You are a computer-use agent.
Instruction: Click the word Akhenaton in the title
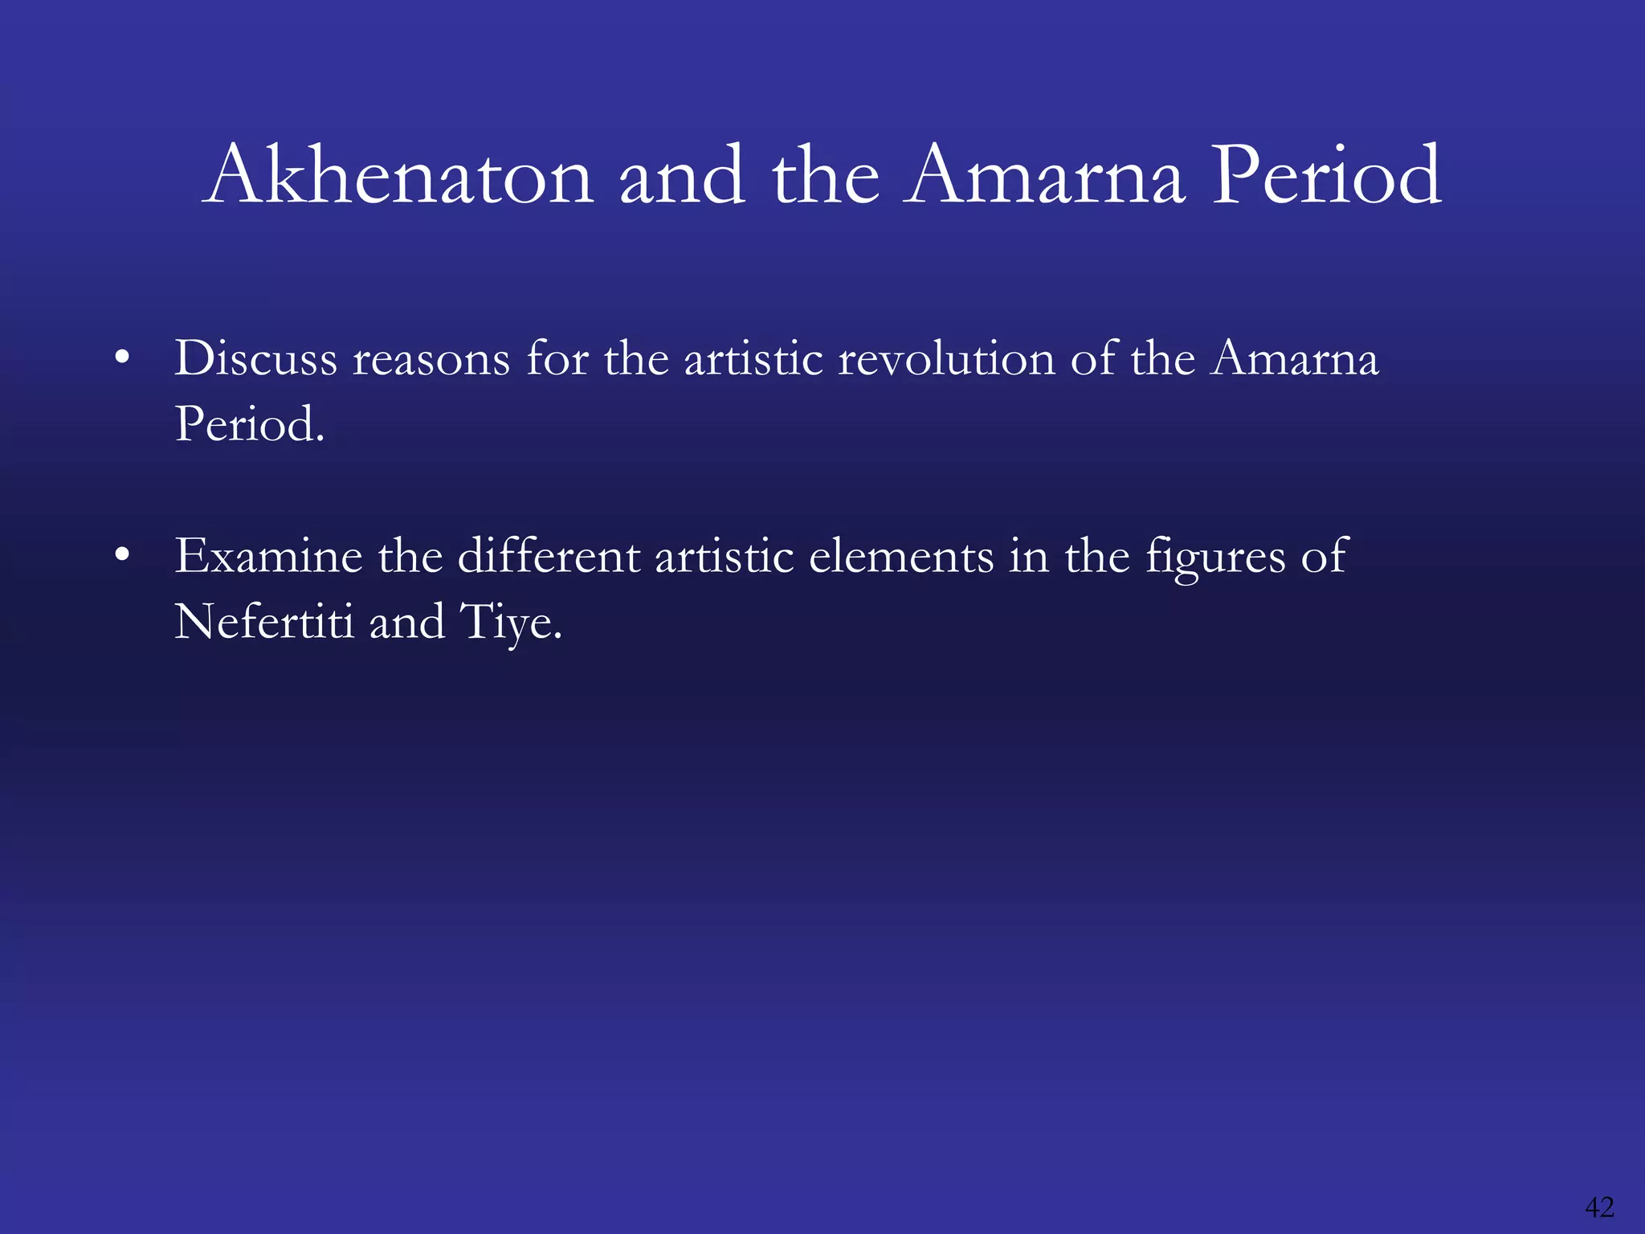pos(398,175)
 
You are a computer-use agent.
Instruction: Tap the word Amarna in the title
pos(1044,175)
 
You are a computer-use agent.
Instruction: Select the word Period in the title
pos(1326,175)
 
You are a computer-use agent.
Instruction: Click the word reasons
pos(431,359)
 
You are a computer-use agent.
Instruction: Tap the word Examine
pos(268,556)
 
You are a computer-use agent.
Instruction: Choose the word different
pos(549,556)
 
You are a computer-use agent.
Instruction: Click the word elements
pos(901,556)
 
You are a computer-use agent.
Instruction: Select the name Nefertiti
pos(264,622)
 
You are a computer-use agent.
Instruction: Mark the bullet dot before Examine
pos(122,555)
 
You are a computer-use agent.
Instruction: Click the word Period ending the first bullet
pos(248,423)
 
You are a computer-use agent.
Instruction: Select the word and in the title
pos(682,175)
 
